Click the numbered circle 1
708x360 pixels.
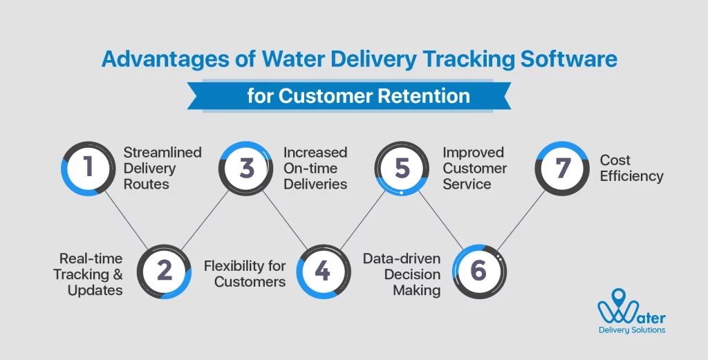(88, 169)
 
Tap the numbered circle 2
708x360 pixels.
(164, 271)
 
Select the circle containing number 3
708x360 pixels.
(246, 169)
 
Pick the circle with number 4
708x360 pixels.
(322, 271)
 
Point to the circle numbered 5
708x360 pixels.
(402, 169)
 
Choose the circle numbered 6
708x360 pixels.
(478, 271)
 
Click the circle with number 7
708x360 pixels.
(561, 169)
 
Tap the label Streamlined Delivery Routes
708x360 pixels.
(162, 168)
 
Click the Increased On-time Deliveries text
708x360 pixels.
(315, 168)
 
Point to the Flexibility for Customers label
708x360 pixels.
(245, 274)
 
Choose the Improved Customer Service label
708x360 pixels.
(474, 168)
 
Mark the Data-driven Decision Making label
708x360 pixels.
(402, 274)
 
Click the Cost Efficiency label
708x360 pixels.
(631, 168)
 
